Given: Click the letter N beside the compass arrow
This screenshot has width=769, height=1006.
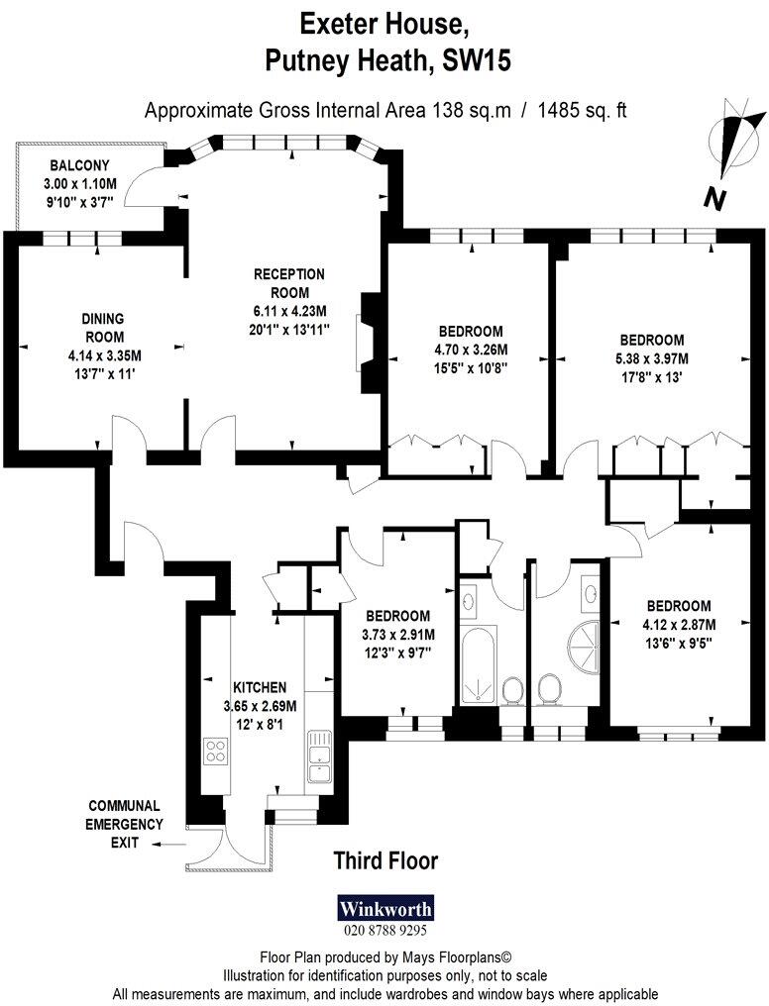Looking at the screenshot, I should point(713,199).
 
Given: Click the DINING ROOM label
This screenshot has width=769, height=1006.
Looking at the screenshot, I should point(102,328).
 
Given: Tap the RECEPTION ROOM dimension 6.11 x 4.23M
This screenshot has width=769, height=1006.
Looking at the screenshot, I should point(288,311).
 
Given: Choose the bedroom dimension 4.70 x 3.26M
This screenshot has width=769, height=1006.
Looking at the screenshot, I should point(470,350).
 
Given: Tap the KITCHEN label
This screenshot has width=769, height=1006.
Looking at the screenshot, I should point(260,687).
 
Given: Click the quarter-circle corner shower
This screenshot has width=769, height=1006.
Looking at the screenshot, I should point(584,650).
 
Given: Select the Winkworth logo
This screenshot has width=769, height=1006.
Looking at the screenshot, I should point(385,909).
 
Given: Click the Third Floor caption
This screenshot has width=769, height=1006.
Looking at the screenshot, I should point(385,860).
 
